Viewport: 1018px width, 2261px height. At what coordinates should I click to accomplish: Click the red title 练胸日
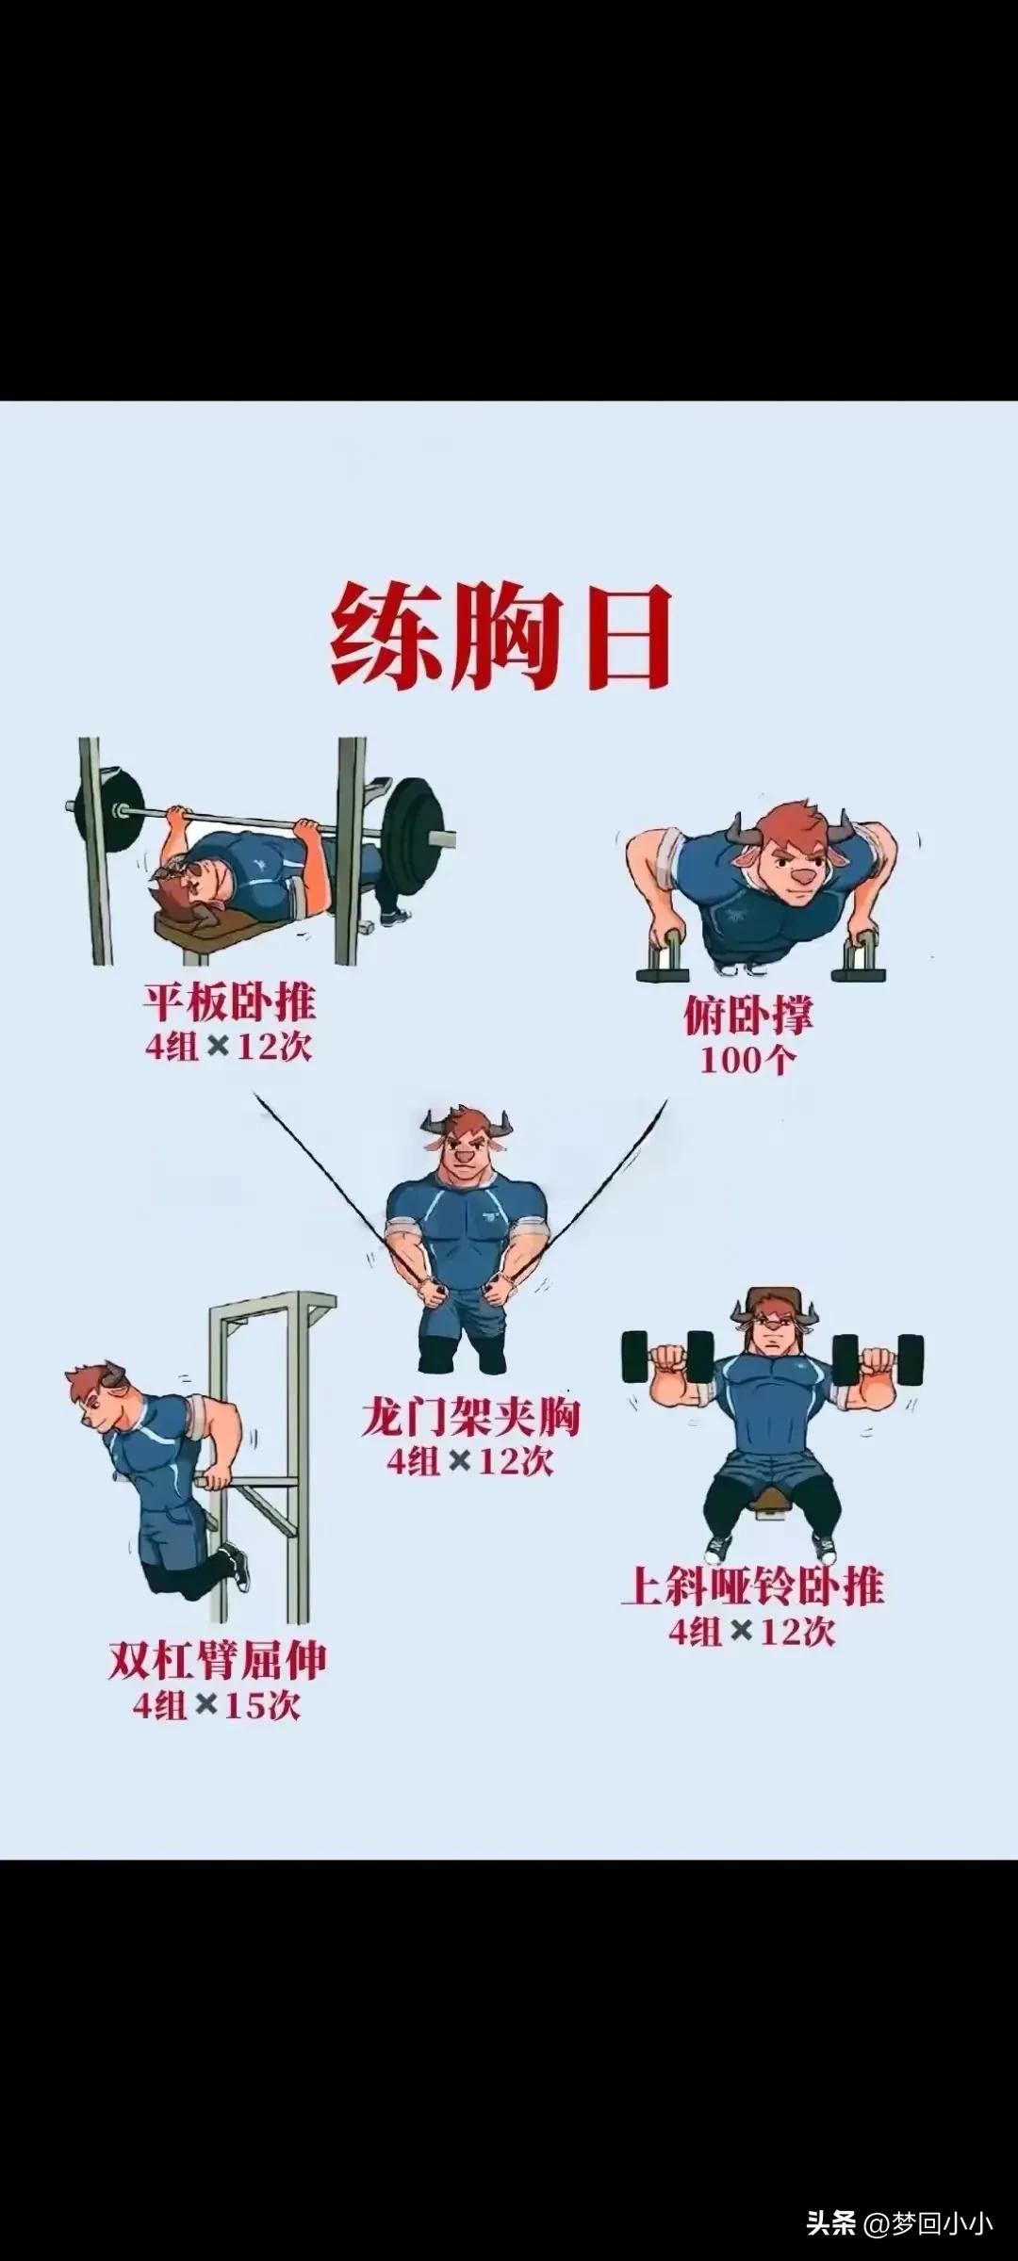[x=501, y=637]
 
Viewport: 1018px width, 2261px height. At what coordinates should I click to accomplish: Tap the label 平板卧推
[x=229, y=1002]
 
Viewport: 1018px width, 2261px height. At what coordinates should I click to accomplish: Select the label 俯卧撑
[x=747, y=1016]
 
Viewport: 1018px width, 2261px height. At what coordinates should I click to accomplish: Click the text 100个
[x=747, y=1061]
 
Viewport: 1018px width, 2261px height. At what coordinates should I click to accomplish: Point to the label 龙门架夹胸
[x=470, y=1418]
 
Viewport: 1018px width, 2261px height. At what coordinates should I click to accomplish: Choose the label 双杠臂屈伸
[x=218, y=1661]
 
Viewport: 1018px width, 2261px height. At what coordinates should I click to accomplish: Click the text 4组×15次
[x=217, y=1706]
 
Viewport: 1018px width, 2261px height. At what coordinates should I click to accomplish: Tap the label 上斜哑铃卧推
[x=752, y=1586]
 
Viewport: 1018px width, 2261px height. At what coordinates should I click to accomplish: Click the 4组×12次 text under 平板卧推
[x=229, y=1047]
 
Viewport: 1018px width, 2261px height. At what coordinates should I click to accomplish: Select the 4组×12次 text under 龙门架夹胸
[x=470, y=1462]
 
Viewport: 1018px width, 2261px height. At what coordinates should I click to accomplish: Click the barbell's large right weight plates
[x=411, y=832]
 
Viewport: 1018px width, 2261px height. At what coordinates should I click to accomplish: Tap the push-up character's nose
[x=801, y=875]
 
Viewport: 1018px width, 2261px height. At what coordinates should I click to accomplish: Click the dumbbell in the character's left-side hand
[x=667, y=1357]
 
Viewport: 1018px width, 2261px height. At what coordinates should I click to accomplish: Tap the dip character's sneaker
[x=239, y=1567]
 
